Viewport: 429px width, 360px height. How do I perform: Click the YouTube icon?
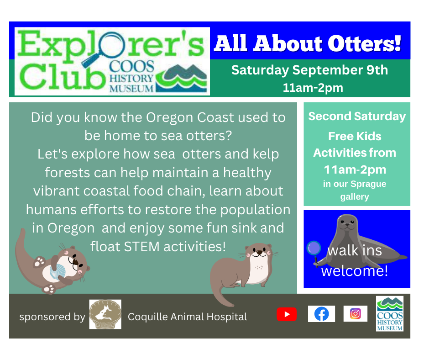[x=287, y=314]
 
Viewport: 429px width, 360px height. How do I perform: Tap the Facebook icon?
[x=321, y=314]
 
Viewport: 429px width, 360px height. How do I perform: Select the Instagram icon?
[x=356, y=314]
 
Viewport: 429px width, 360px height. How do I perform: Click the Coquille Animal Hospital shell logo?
[x=105, y=314]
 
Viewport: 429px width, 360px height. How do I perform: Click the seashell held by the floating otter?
[x=58, y=270]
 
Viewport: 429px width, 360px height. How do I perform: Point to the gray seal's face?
[x=347, y=223]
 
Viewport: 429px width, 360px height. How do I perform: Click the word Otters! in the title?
[x=364, y=43]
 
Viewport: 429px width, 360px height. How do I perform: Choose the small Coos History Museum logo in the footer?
[x=390, y=314]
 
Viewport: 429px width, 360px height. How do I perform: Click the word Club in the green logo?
[x=63, y=76]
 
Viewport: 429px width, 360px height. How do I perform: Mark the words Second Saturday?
[x=357, y=116]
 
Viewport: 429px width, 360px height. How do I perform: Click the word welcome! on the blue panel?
[x=355, y=271]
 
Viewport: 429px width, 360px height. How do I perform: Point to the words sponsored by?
[x=52, y=317]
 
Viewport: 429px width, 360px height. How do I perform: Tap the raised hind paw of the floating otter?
[x=39, y=261]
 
